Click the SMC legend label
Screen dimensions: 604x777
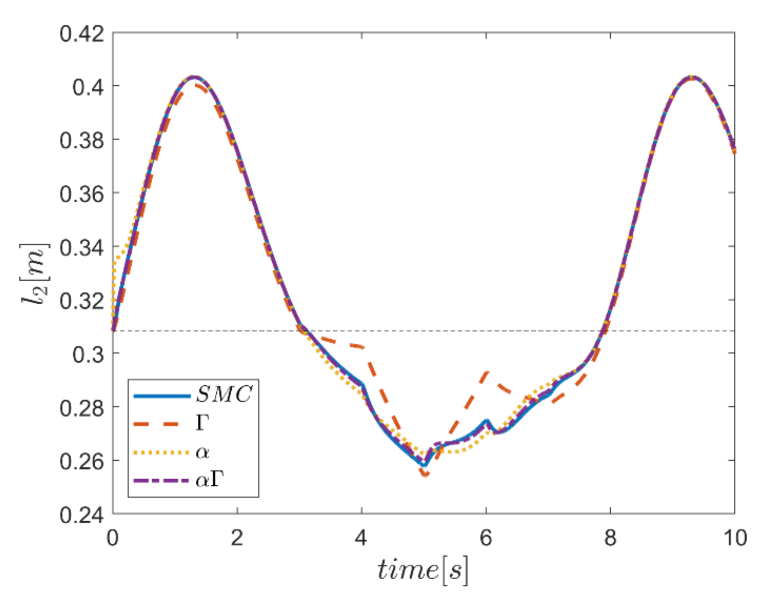click(224, 394)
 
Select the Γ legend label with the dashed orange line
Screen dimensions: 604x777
click(203, 423)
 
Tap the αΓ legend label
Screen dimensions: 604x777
click(210, 480)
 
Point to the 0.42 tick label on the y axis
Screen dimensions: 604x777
click(81, 34)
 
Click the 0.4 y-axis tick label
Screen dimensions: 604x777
click(88, 87)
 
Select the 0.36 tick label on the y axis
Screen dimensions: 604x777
click(81, 194)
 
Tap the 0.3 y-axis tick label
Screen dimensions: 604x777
click(88, 355)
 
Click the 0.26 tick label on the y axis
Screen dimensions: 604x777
click(81, 461)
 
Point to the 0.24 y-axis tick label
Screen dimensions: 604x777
click(81, 515)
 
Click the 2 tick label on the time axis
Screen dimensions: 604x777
click(237, 538)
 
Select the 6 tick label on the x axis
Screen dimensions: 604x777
click(486, 538)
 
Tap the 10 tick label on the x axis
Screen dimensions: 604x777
click(735, 538)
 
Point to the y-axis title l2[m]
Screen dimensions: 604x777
click(35, 274)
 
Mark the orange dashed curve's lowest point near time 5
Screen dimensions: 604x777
click(425, 475)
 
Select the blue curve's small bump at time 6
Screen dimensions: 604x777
click(487, 421)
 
